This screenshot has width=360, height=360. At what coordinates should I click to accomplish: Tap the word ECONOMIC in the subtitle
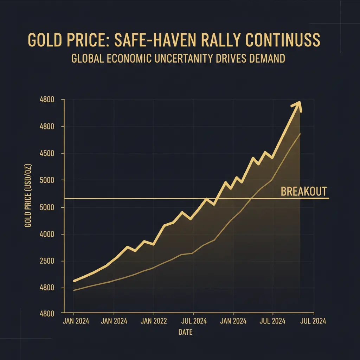click(x=132, y=58)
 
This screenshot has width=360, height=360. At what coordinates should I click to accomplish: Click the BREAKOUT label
click(x=304, y=192)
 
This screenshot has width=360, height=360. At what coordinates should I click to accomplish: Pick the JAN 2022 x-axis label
click(x=154, y=321)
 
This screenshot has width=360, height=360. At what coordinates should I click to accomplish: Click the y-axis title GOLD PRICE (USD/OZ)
click(x=28, y=195)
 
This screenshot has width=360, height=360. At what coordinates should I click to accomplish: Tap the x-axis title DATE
click(x=185, y=332)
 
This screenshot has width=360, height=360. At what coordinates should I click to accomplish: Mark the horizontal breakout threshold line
click(x=141, y=199)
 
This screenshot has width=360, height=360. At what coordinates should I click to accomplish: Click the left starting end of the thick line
click(x=74, y=281)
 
